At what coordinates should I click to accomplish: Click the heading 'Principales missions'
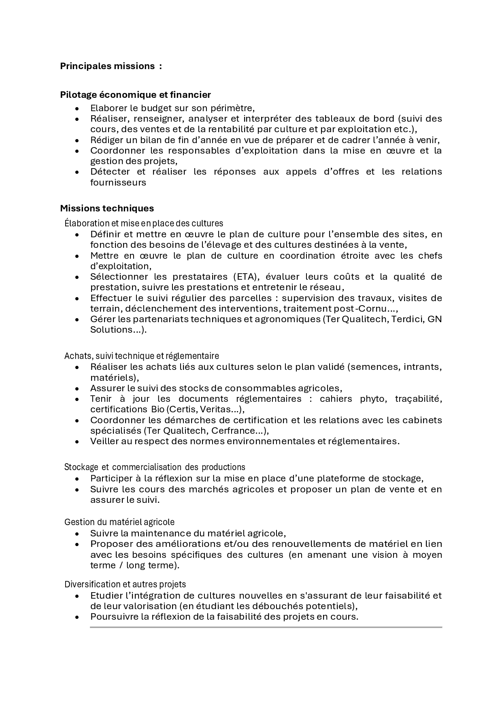(107, 66)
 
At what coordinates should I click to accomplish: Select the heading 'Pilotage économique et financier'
(135, 95)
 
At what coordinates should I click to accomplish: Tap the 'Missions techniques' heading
(107, 208)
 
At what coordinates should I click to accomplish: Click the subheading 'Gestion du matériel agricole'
(119, 522)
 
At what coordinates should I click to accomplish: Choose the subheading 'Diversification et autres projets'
(125, 584)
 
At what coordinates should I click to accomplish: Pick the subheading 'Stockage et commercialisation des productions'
(155, 467)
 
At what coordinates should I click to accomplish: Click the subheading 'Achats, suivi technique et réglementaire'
(141, 356)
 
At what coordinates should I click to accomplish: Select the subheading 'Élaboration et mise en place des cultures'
(144, 223)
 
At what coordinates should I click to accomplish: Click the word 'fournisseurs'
(118, 182)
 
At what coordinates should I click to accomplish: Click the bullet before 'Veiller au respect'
(77, 442)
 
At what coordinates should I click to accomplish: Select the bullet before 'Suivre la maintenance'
(77, 534)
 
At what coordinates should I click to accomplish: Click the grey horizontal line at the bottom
(266, 627)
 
